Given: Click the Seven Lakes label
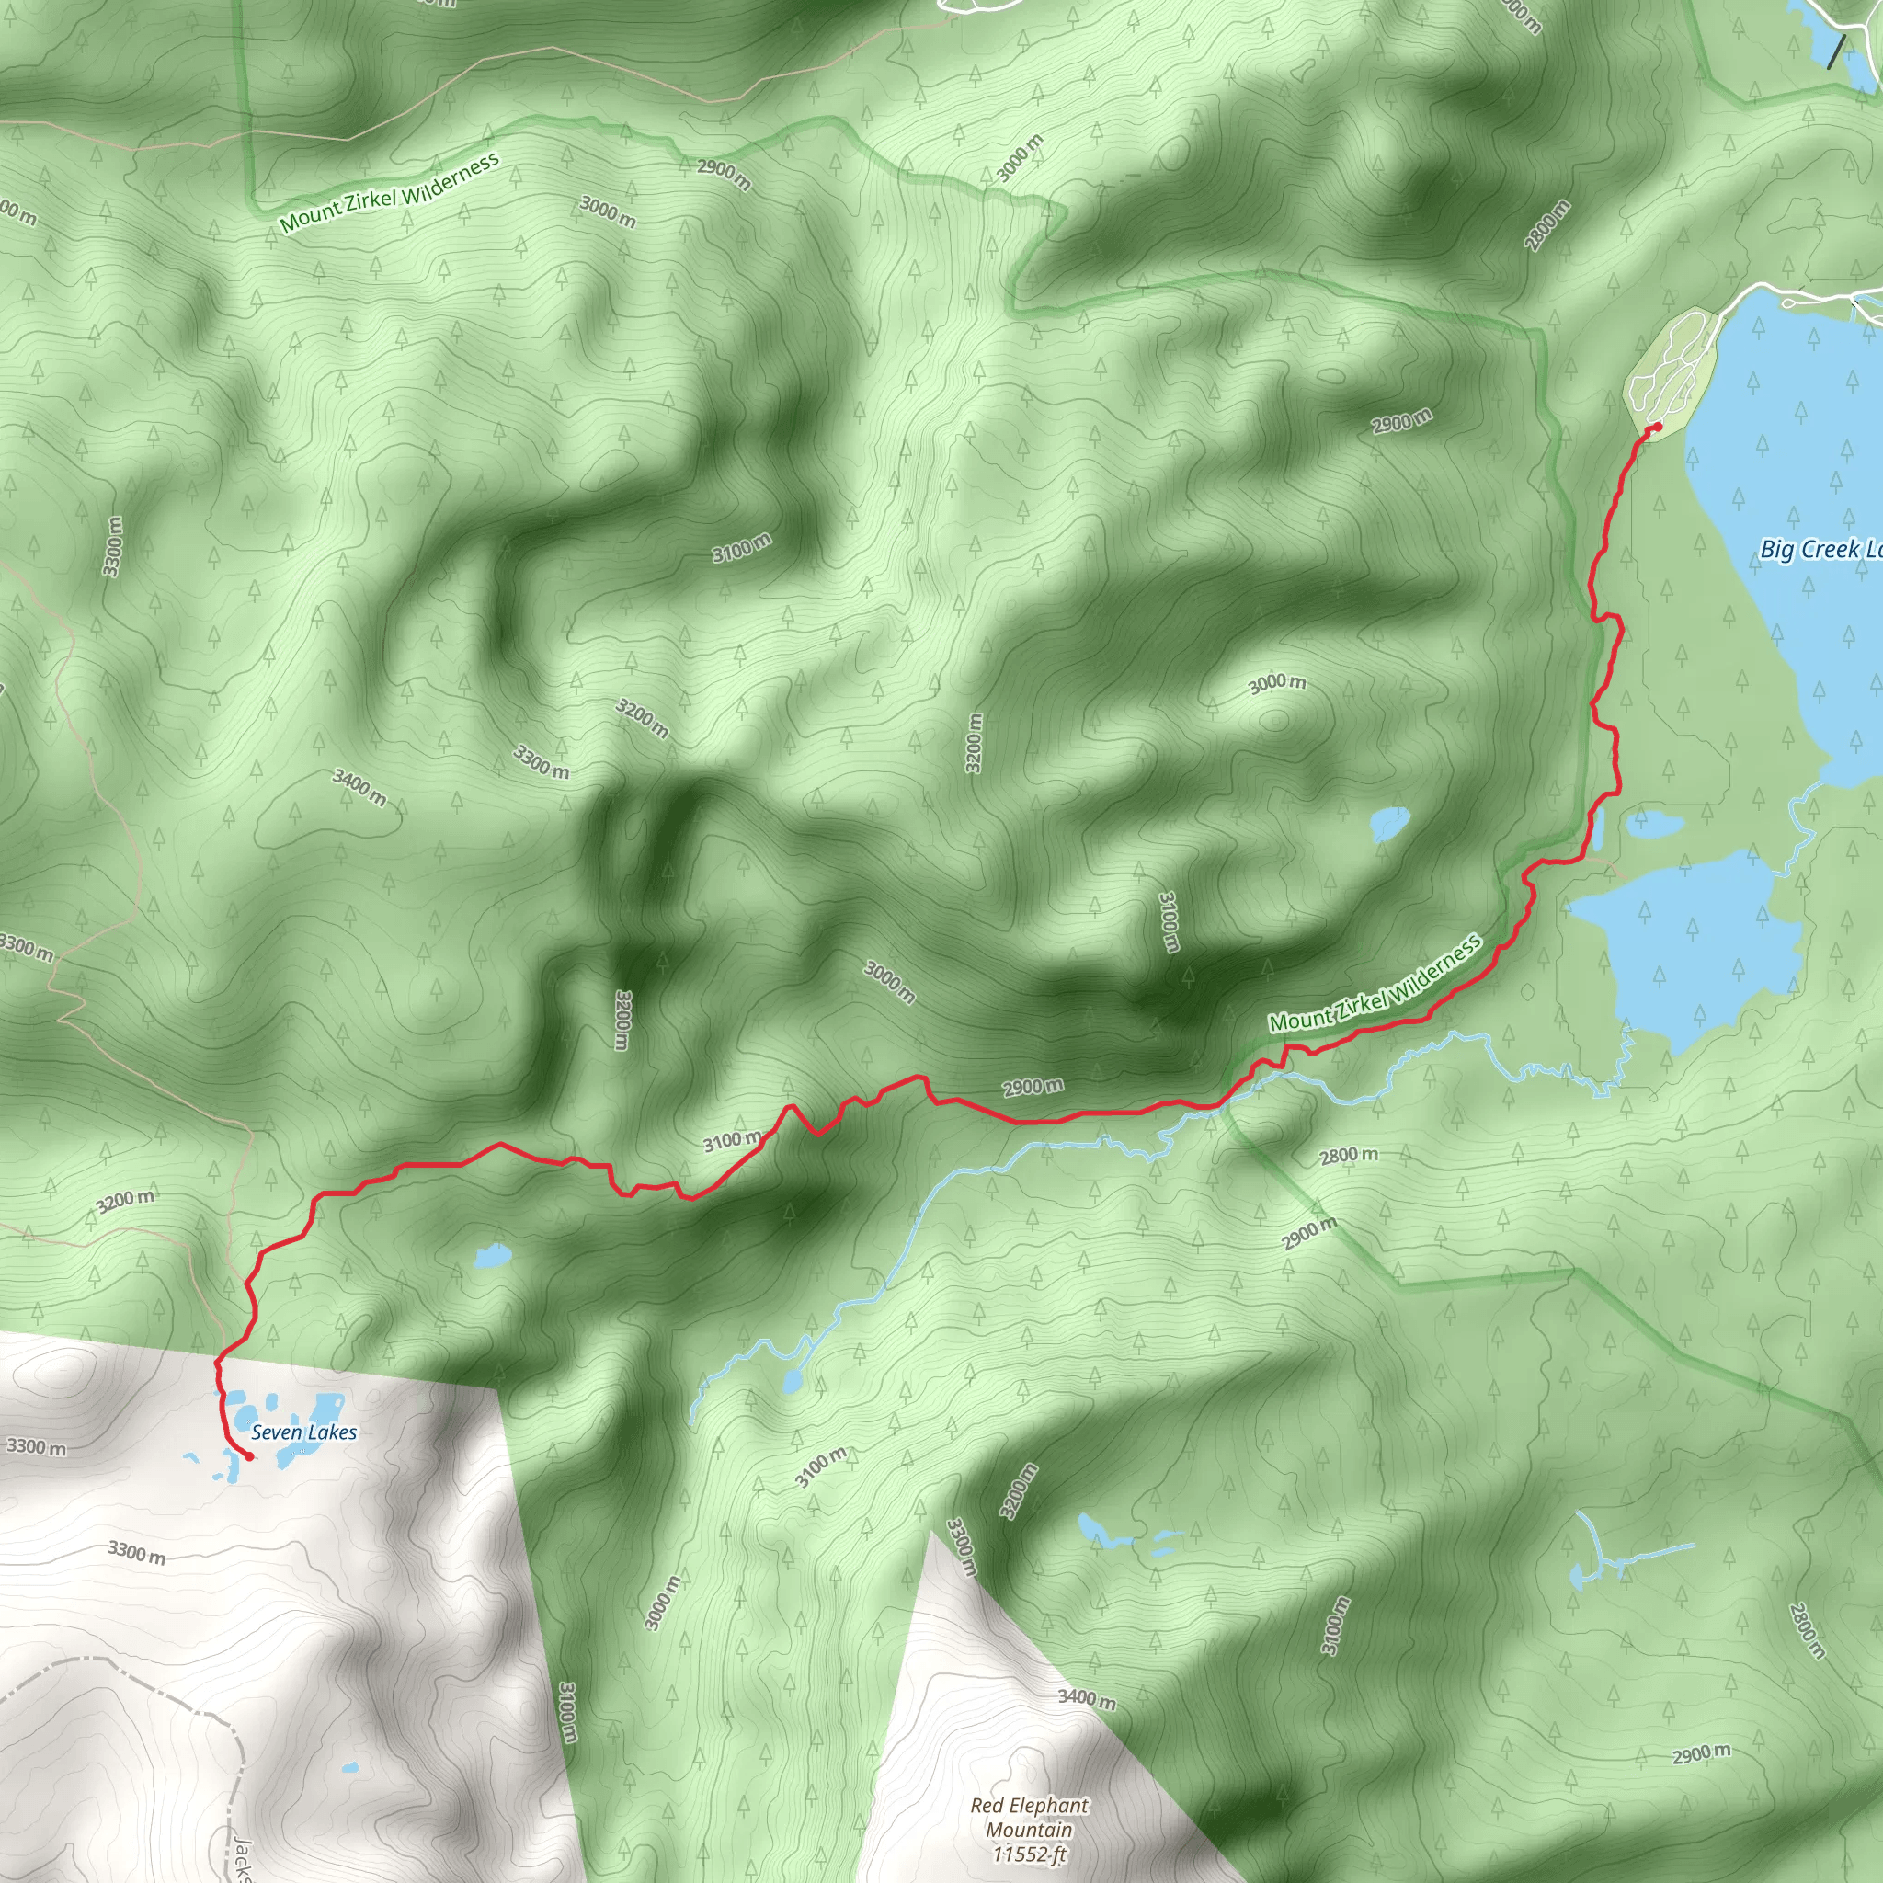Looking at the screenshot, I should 304,1432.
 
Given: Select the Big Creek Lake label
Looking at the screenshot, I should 1819,550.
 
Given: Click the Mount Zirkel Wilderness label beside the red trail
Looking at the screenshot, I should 1375,983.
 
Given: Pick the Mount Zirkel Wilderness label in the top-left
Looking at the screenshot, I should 389,192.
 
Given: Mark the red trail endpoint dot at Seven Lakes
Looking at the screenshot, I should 248,1456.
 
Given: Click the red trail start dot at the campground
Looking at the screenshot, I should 1658,427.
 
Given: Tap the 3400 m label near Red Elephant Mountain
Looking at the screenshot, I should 1087,1700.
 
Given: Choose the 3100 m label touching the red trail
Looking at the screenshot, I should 732,1140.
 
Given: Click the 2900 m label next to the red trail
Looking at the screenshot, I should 1033,1087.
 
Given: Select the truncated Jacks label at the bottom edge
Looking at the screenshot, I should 243,1860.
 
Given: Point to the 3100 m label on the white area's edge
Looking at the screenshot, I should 567,1711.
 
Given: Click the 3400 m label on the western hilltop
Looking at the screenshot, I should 359,788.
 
